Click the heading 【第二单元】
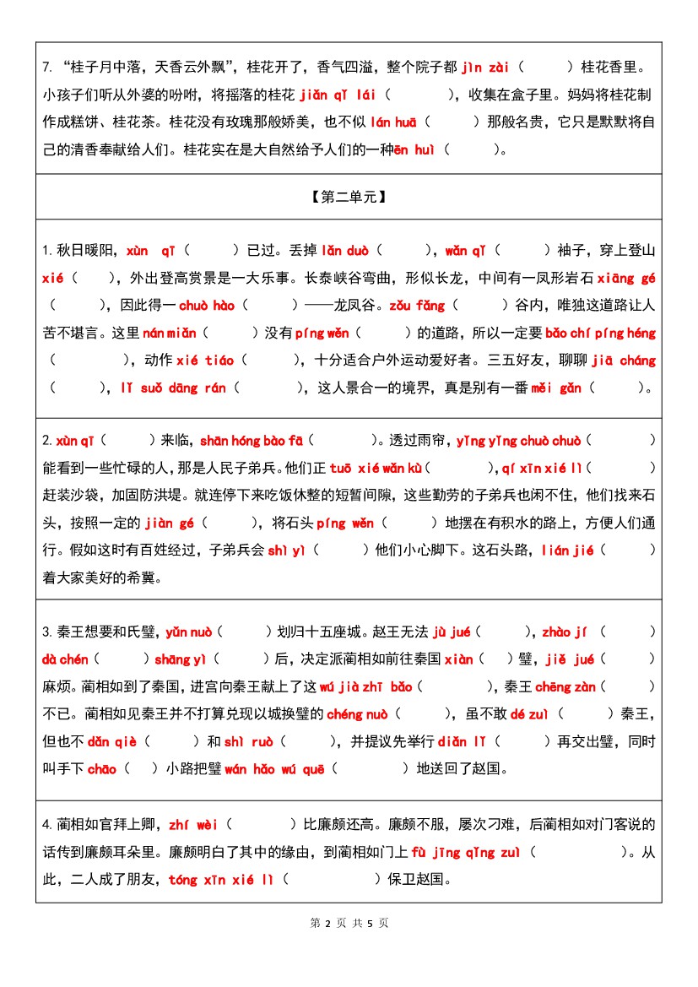pos(349,197)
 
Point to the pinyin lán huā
pos(393,122)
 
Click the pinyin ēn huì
pos(414,150)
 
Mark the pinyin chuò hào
pos(207,305)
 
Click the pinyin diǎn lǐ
pos(462,741)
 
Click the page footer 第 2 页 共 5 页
pos(349,923)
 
